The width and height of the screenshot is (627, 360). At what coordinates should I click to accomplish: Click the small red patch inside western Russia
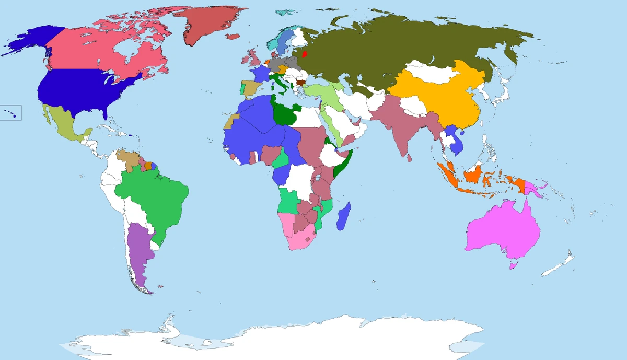(304, 53)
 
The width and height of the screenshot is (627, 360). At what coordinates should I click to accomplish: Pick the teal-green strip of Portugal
(241, 89)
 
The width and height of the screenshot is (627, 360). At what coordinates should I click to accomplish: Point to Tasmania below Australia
(513, 266)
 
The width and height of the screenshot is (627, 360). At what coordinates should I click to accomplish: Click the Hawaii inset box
(10, 112)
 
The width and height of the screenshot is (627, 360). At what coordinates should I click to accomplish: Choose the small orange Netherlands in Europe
(266, 62)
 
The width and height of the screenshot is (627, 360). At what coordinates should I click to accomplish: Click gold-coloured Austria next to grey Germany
(283, 68)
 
